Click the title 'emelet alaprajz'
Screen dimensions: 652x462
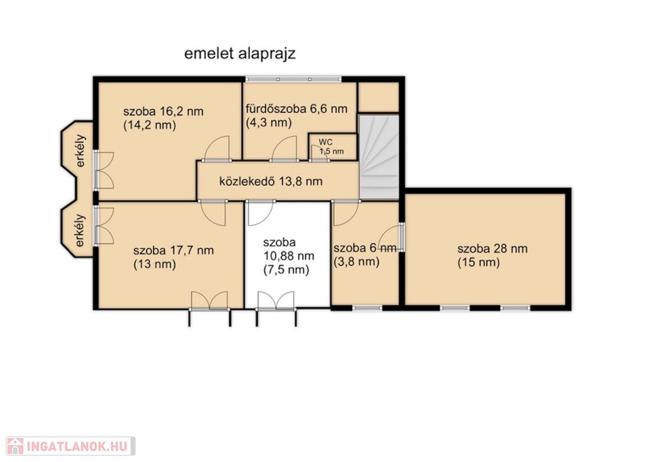click(x=239, y=54)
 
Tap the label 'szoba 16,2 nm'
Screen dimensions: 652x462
click(x=164, y=112)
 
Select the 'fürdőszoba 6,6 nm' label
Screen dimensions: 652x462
click(x=297, y=109)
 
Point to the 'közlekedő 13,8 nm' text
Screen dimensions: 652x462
click(x=271, y=181)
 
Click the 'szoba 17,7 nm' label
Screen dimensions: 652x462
click(x=173, y=250)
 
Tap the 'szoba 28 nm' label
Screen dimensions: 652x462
click(x=492, y=249)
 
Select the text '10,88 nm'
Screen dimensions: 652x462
click(x=288, y=256)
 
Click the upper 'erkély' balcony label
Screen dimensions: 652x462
click(x=81, y=150)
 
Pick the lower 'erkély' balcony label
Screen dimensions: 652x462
click(x=80, y=230)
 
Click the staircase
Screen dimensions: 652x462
click(x=379, y=157)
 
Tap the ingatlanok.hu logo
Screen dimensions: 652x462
click(x=70, y=446)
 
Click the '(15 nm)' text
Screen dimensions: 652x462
click(x=479, y=263)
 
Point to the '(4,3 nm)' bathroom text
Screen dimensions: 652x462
click(x=269, y=123)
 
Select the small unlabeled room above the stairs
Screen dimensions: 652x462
click(x=378, y=97)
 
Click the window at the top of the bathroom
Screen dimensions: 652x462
click(x=293, y=79)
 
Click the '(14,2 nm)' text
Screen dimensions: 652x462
click(x=150, y=126)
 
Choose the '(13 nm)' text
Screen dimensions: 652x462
click(x=155, y=264)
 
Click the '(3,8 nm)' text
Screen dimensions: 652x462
click(x=357, y=262)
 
